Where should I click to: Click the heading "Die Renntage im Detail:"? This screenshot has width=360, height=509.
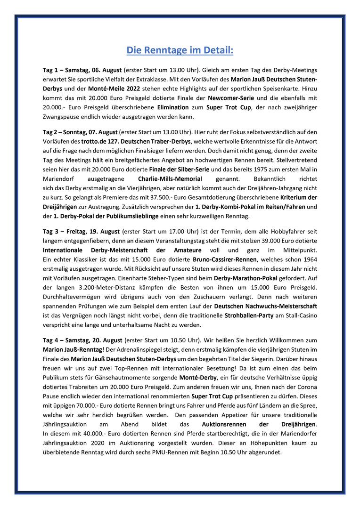coord(180,49)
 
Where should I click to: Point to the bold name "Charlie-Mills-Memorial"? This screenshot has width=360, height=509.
coord(170,179)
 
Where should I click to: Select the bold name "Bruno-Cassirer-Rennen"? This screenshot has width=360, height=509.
coord(225,259)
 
